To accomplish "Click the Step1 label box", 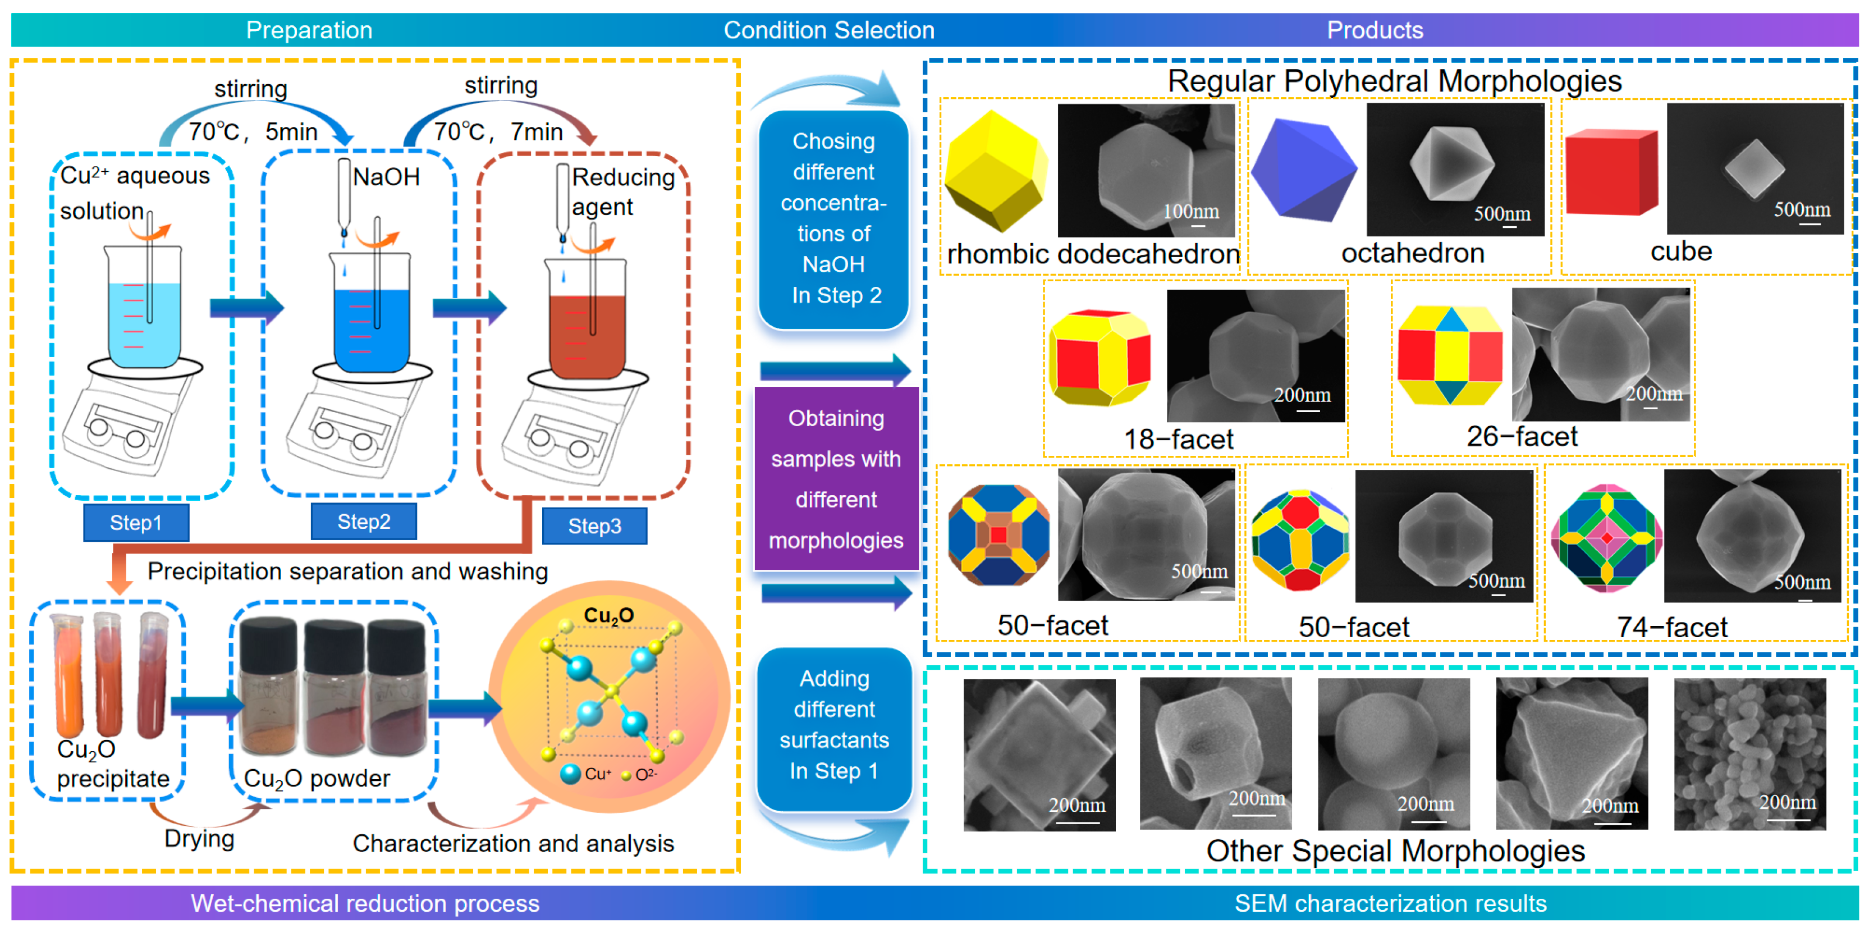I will pos(136,523).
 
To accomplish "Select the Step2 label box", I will pos(364,521).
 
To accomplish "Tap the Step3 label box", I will pos(594,525).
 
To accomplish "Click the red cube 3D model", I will pos(1611,173).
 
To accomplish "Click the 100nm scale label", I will pos(1190,211).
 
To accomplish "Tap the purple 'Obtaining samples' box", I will pos(836,479).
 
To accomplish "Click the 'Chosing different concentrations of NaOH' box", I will pos(833,218).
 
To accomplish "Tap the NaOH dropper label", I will pos(386,176).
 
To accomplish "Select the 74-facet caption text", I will pos(1671,627).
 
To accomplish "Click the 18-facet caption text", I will pos(1178,439).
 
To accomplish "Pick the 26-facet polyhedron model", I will pos(1450,355).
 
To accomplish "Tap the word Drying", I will pos(199,838).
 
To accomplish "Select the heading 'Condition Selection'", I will pos(828,30).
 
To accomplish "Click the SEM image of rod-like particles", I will pos(1749,754).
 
